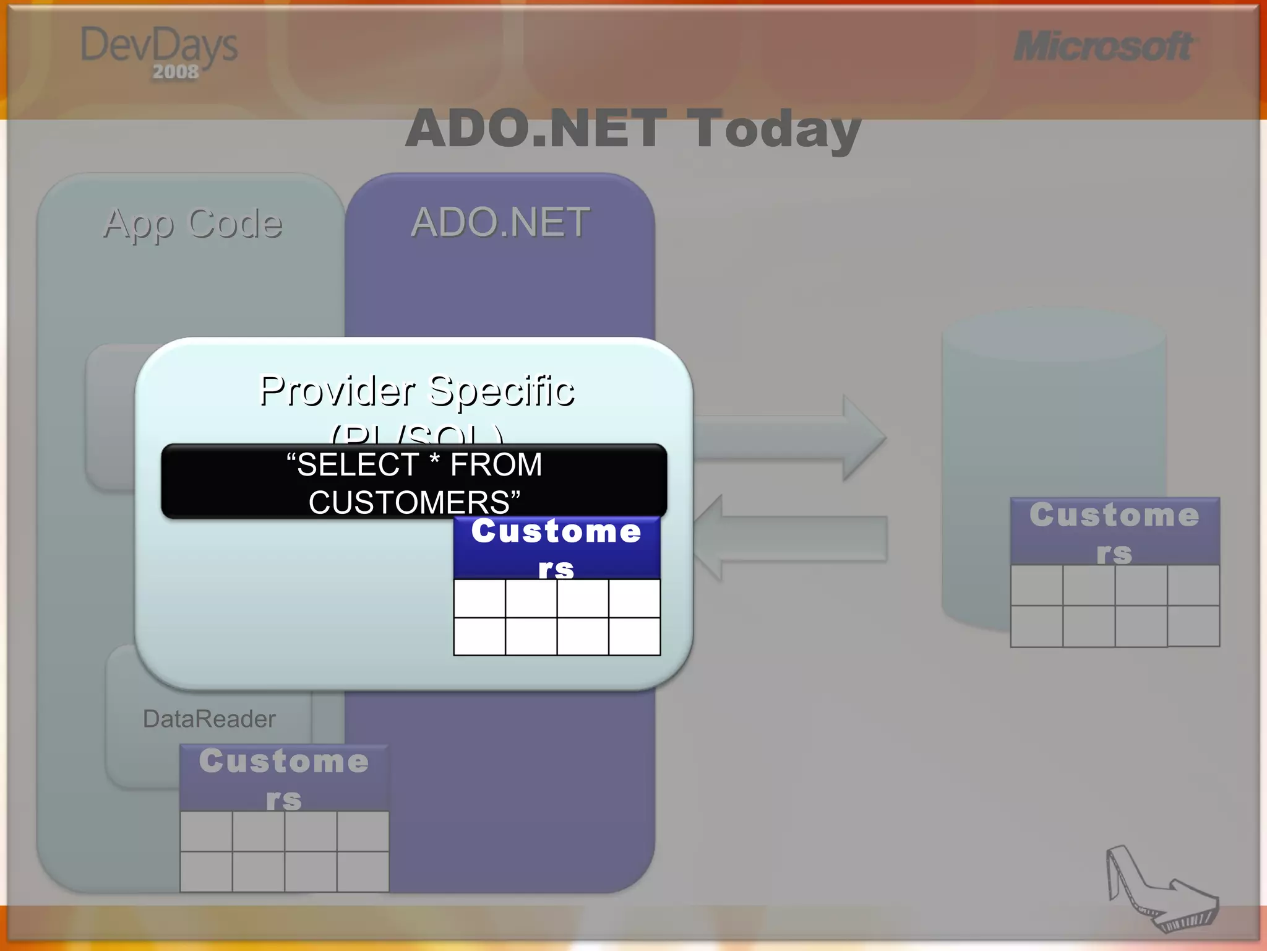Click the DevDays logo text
pos(159,46)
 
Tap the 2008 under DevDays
pos(176,72)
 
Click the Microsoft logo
pos(1103,46)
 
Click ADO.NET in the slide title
pos(536,129)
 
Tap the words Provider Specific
pos(416,391)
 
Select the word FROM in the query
pos(496,464)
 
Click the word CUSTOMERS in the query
pos(409,502)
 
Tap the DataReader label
pos(209,719)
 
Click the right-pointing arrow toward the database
pos(792,438)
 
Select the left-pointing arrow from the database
pos(792,538)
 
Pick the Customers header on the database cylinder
pos(1114,531)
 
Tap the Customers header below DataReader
pos(284,778)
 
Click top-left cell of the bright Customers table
pos(479,598)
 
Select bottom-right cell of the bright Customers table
pos(634,636)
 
